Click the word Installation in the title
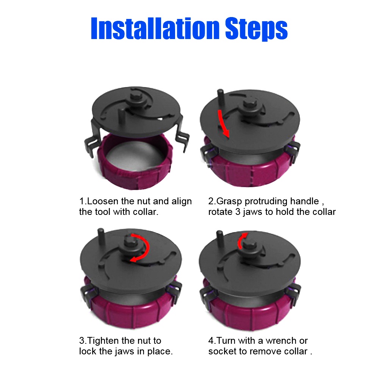point(155,28)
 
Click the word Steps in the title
point(256,29)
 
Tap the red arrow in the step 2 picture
point(224,123)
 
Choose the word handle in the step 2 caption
point(305,201)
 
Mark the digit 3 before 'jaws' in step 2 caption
point(238,212)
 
